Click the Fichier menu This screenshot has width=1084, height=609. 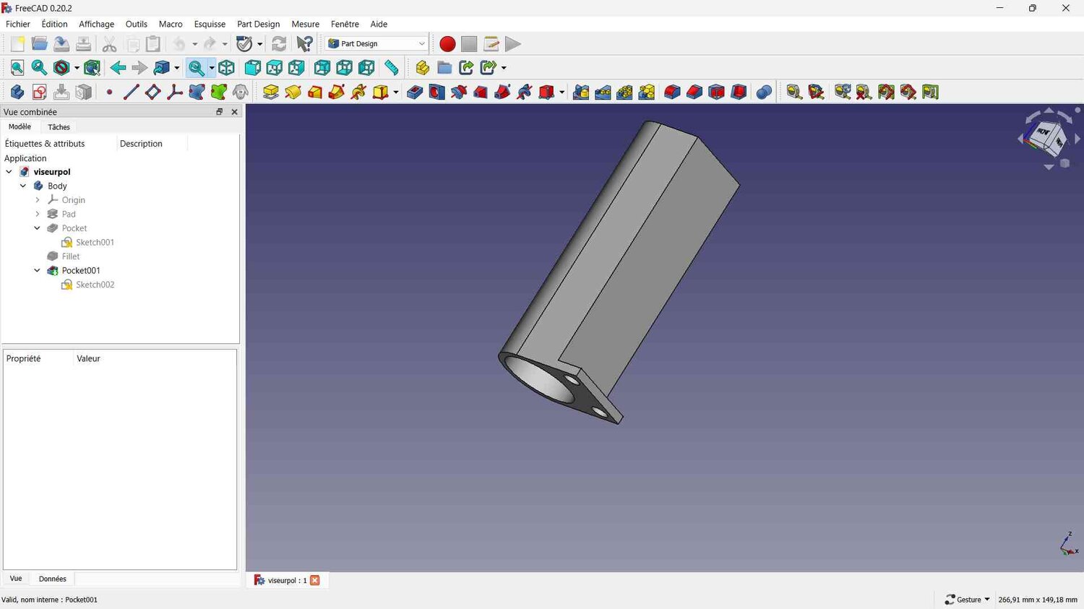(18, 24)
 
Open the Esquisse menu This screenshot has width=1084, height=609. (210, 24)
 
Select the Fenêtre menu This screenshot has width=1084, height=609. (345, 24)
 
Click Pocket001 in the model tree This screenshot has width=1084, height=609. (81, 270)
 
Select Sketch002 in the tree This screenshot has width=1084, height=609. (95, 285)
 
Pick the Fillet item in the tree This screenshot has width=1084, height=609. (71, 256)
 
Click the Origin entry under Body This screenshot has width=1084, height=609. (73, 200)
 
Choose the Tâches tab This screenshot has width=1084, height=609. (59, 126)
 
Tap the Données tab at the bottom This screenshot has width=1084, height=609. (52, 579)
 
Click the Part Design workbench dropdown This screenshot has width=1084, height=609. (377, 43)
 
